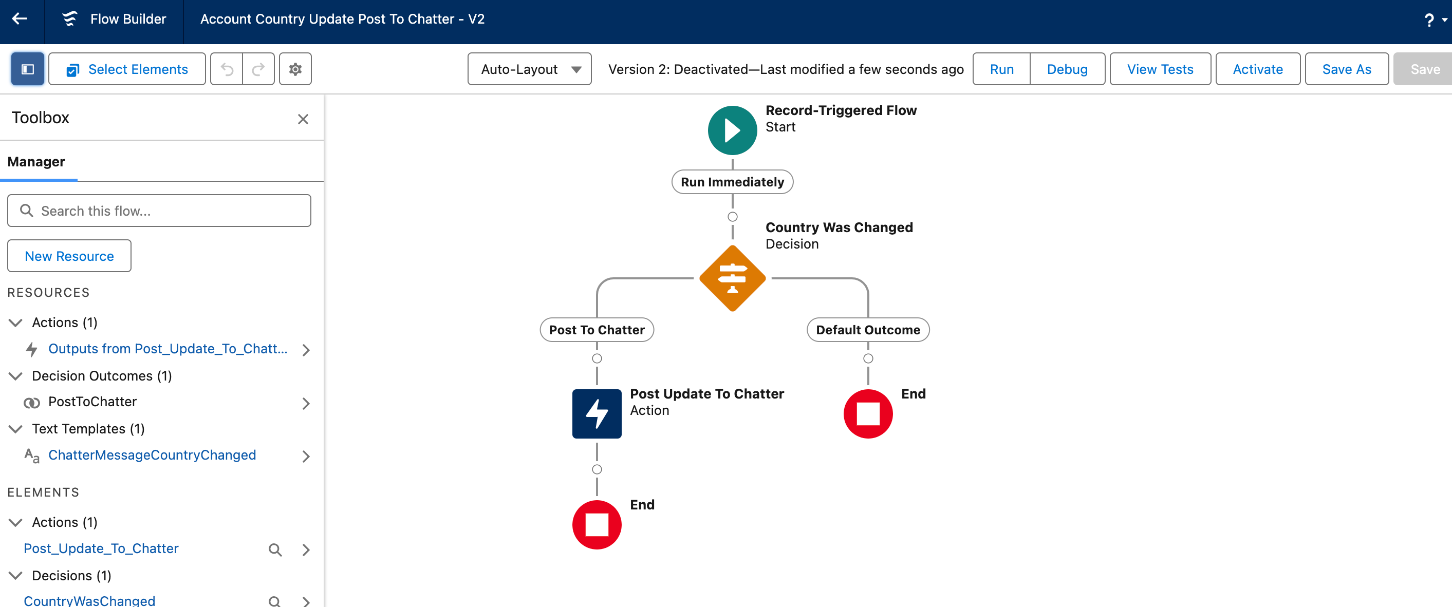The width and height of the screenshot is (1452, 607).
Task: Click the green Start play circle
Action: click(x=732, y=130)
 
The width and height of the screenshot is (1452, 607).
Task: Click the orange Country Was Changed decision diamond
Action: click(x=732, y=278)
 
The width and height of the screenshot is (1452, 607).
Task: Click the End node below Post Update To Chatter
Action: click(x=597, y=524)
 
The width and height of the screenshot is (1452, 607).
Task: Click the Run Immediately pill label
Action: click(x=732, y=182)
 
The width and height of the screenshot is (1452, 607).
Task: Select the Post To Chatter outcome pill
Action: click(x=597, y=330)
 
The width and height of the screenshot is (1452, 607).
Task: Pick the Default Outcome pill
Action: click(x=867, y=330)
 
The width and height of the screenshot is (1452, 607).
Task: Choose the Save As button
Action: click(x=1346, y=69)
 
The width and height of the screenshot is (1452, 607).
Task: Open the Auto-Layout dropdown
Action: click(x=529, y=69)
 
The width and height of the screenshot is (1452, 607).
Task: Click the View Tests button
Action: click(x=1160, y=69)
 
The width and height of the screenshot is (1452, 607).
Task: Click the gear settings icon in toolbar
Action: click(x=295, y=69)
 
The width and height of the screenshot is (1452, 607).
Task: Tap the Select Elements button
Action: click(x=127, y=69)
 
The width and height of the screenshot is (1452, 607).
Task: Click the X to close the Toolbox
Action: click(x=303, y=119)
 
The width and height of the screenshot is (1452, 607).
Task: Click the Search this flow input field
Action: click(x=159, y=211)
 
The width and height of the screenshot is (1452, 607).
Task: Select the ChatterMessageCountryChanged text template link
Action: click(x=152, y=455)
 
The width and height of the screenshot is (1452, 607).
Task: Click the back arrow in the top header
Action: click(x=20, y=19)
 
